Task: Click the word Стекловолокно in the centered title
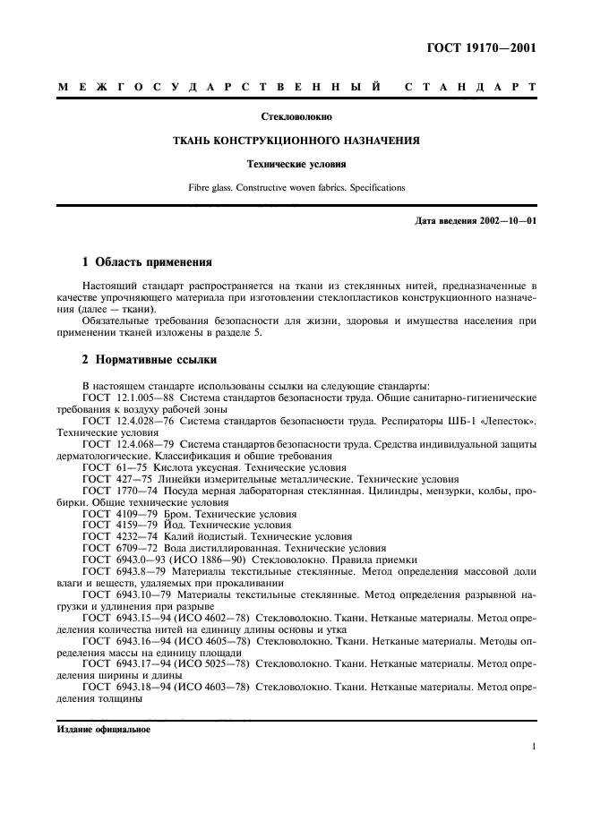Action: click(x=296, y=116)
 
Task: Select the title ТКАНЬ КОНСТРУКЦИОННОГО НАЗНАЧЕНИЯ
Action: click(x=296, y=141)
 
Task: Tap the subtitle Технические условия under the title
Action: click(x=296, y=165)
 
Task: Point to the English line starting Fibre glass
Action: click(x=296, y=188)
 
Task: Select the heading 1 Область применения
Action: click(x=147, y=263)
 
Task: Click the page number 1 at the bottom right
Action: click(x=533, y=746)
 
